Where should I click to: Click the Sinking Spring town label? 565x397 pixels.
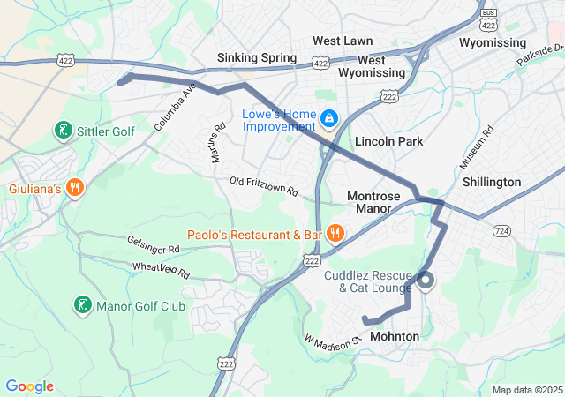(257, 58)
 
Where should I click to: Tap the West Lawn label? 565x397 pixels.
(343, 41)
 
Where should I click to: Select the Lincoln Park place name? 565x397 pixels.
(388, 141)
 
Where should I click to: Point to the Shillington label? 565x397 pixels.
(492, 182)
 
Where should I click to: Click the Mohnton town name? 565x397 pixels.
(395, 336)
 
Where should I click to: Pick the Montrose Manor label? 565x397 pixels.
(373, 202)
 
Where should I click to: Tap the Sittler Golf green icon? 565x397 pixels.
(63, 131)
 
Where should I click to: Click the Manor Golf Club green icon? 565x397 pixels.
(82, 306)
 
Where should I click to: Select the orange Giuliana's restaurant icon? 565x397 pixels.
(75, 188)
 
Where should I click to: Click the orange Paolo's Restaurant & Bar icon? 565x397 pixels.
(335, 234)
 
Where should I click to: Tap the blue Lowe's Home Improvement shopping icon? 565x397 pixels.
(329, 117)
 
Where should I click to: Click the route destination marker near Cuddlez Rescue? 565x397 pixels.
(426, 281)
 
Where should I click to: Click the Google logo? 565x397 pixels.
(29, 386)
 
